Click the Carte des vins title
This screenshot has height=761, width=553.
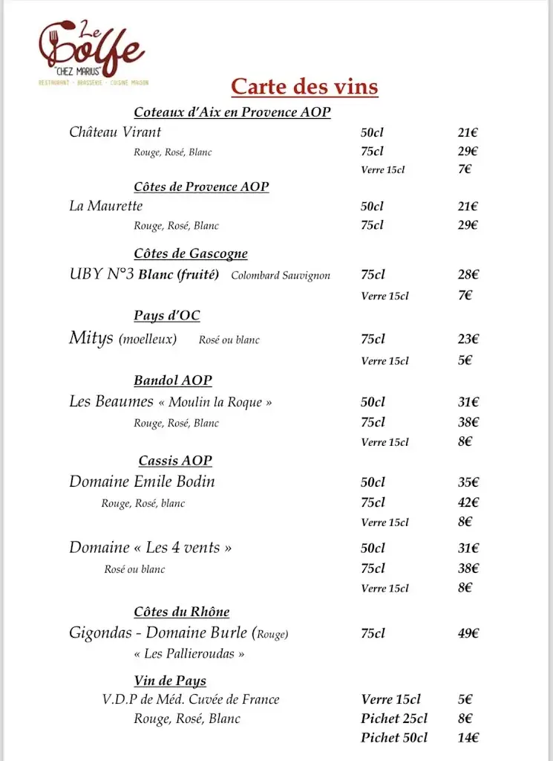point(304,86)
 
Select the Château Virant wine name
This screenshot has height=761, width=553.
point(115,132)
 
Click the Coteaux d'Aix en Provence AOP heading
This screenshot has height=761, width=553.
point(232,113)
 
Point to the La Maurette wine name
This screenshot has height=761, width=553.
point(105,206)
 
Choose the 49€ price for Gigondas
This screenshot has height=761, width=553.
point(468,634)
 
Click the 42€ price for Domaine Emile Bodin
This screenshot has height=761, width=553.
point(468,502)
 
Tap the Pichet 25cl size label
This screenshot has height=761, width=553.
point(394,719)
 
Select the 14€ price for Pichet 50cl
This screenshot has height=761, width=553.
point(468,738)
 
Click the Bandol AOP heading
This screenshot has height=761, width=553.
point(173,380)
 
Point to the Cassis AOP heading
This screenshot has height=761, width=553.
point(175,461)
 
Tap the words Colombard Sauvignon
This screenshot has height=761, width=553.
point(281,276)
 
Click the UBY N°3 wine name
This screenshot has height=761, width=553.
point(102,274)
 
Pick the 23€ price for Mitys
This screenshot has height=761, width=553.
point(468,339)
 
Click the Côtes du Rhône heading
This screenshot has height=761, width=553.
point(182,612)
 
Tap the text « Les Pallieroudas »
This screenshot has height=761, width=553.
point(189,654)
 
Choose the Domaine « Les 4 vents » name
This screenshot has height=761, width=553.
point(151,548)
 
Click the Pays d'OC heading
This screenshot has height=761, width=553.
point(167,316)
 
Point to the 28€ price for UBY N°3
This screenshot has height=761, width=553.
point(468,275)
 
